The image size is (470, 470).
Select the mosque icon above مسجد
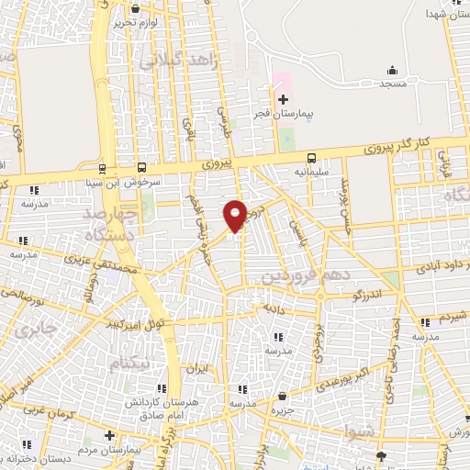pyautogui.click(x=393, y=70)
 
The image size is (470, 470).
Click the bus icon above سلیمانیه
pyautogui.click(x=311, y=157)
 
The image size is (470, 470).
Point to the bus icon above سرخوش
pyautogui.click(x=141, y=167)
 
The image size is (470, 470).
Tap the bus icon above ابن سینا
pyautogui.click(x=101, y=168)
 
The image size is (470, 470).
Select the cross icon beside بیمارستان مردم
pyautogui.click(x=109, y=434)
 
